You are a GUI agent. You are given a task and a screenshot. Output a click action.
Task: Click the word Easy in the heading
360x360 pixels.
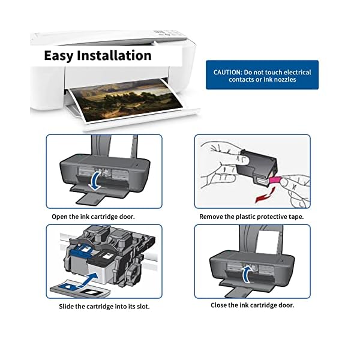[x=59, y=56]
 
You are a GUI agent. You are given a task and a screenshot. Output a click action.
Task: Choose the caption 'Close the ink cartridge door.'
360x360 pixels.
[x=252, y=305]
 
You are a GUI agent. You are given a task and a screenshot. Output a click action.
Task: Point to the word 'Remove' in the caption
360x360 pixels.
[x=212, y=216]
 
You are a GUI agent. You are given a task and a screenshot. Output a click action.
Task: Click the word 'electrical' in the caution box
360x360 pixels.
[x=297, y=71]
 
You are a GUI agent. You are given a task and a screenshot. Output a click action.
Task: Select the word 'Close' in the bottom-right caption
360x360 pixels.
[x=220, y=305]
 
